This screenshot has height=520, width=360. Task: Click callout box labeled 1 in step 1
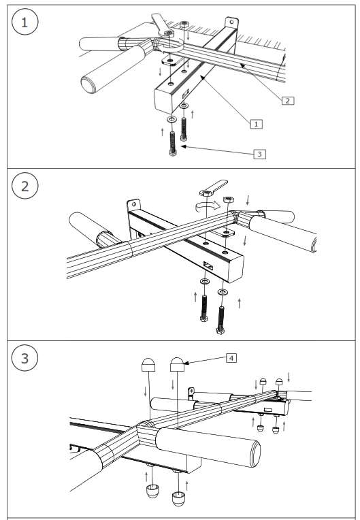255,124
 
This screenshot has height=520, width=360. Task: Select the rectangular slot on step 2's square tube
208,266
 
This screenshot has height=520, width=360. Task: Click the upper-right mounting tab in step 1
234,25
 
